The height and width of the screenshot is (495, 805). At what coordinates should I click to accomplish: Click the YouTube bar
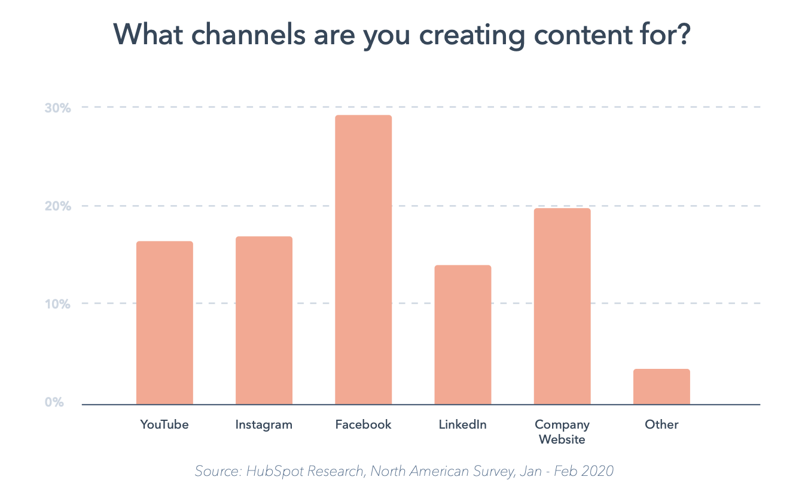coord(164,323)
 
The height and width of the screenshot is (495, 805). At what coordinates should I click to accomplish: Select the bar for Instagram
coord(264,320)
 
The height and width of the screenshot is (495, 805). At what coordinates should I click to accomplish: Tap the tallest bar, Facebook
coord(363,259)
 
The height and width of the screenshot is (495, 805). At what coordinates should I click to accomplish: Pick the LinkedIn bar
coord(462,335)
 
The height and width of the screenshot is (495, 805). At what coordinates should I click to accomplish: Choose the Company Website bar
coord(562,306)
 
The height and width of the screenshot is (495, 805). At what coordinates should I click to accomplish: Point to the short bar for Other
coord(661,387)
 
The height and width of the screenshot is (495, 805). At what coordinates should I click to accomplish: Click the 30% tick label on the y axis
coord(57,108)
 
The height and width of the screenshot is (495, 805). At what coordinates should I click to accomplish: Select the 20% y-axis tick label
coord(57,206)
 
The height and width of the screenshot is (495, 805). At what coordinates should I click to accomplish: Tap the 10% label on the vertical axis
coord(57,304)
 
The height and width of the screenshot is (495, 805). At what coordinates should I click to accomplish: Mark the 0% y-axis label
coord(54,402)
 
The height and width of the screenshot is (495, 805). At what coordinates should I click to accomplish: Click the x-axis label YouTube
coord(164,425)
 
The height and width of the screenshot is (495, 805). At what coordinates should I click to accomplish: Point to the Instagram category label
coord(264,425)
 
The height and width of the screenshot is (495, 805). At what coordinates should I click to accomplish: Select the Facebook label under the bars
coord(363,425)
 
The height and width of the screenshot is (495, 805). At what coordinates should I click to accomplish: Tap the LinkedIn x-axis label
coord(462,425)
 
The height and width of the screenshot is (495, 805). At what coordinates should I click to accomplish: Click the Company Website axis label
coord(562,432)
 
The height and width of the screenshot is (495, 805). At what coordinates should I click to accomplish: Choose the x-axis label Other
coord(661,425)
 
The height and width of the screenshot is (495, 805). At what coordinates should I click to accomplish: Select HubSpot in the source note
coord(270,472)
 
